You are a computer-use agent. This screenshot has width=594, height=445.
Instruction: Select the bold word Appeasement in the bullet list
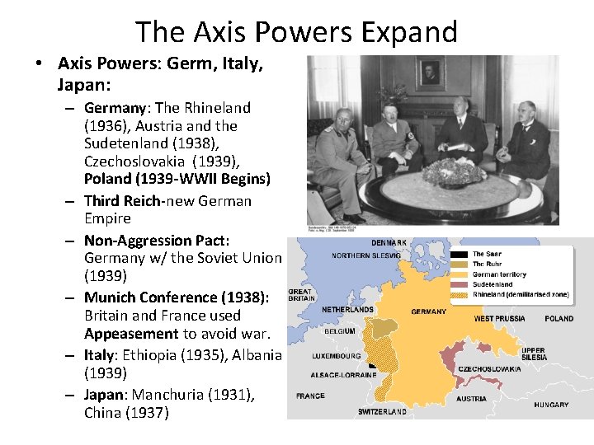131,334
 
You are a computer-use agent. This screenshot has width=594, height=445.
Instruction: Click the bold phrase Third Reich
125,200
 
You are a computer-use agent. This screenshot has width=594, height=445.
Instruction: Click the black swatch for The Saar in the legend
457,255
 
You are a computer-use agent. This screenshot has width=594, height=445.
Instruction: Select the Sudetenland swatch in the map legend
457,284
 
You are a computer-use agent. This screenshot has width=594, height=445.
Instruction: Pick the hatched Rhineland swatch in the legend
457,294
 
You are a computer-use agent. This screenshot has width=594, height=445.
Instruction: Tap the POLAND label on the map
559,318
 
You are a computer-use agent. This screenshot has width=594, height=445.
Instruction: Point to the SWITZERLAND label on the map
382,410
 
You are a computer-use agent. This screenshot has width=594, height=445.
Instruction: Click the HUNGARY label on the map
550,405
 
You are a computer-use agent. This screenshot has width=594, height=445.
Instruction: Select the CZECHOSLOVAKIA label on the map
489,369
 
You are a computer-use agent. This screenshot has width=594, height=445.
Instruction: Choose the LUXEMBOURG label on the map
336,356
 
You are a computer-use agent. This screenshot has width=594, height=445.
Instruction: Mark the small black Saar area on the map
372,363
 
